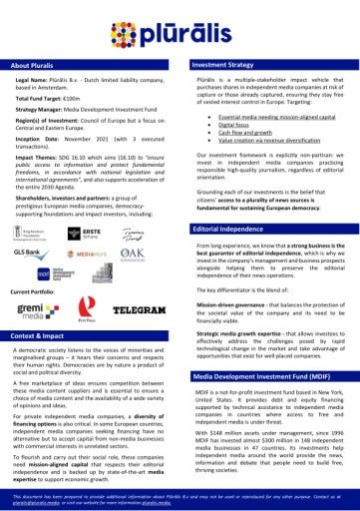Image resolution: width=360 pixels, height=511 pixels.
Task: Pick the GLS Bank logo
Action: point(28,253)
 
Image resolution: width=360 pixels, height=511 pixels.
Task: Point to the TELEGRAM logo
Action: point(139,310)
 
